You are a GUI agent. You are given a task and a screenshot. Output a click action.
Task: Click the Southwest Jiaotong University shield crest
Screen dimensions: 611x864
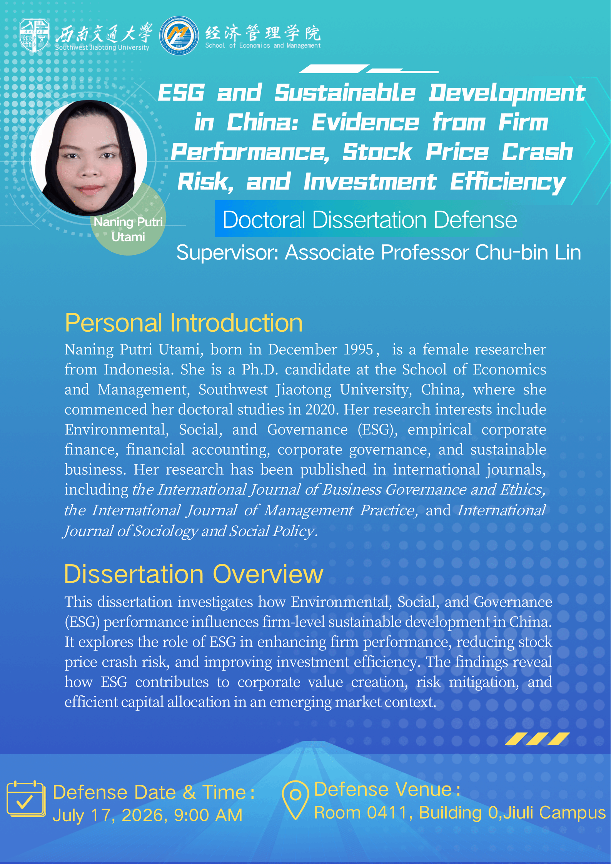click(x=34, y=35)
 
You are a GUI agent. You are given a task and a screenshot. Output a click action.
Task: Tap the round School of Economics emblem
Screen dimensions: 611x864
click(x=179, y=35)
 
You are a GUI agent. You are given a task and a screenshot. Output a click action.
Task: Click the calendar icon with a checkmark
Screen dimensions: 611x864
click(x=26, y=799)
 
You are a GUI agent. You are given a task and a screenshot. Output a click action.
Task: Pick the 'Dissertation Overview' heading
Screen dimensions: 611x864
click(x=194, y=574)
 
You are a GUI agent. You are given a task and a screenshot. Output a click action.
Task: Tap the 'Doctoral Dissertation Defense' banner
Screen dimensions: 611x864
click(x=370, y=219)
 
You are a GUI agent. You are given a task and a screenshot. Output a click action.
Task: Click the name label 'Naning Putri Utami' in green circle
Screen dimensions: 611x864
click(x=128, y=229)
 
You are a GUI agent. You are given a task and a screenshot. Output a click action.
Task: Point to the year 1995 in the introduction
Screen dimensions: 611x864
click(x=358, y=349)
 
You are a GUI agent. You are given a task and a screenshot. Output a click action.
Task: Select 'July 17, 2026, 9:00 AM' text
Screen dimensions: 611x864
click(x=147, y=815)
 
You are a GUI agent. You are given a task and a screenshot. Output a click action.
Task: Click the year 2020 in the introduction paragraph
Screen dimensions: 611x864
click(x=321, y=409)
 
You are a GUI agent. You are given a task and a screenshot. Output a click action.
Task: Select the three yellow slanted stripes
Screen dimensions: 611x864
click(x=538, y=739)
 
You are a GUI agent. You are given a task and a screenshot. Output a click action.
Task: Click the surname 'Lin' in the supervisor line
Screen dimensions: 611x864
click(x=568, y=252)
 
